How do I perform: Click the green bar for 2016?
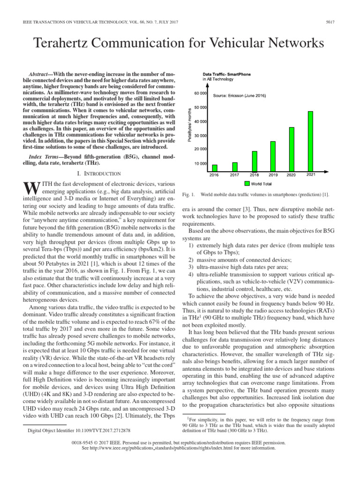click(215, 168)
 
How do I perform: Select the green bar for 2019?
click(273, 156)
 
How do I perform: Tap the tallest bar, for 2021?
click(310, 141)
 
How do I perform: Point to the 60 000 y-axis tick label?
click(201, 94)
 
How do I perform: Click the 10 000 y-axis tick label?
click(201, 164)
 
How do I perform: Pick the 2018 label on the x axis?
click(253, 175)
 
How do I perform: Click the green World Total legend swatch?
click(247, 183)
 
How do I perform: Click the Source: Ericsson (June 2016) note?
click(240, 96)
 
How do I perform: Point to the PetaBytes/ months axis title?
click(190, 127)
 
